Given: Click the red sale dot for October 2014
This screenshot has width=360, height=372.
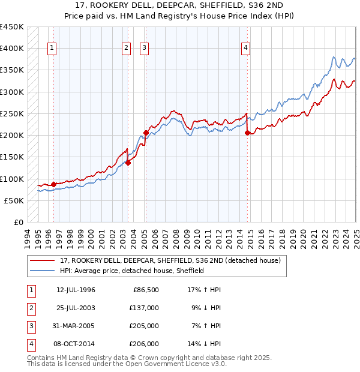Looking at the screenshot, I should tap(247, 133).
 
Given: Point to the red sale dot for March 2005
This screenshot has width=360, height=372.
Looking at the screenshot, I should tap(146, 133).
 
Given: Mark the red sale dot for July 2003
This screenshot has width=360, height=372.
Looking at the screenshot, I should tap(128, 162).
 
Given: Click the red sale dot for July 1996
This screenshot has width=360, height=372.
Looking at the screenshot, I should tap(53, 184).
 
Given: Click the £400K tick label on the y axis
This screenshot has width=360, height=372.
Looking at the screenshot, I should tap(12, 48).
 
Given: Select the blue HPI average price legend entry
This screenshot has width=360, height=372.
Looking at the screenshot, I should tap(132, 271).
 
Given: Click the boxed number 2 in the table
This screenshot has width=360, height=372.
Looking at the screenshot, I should tap(30, 308).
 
